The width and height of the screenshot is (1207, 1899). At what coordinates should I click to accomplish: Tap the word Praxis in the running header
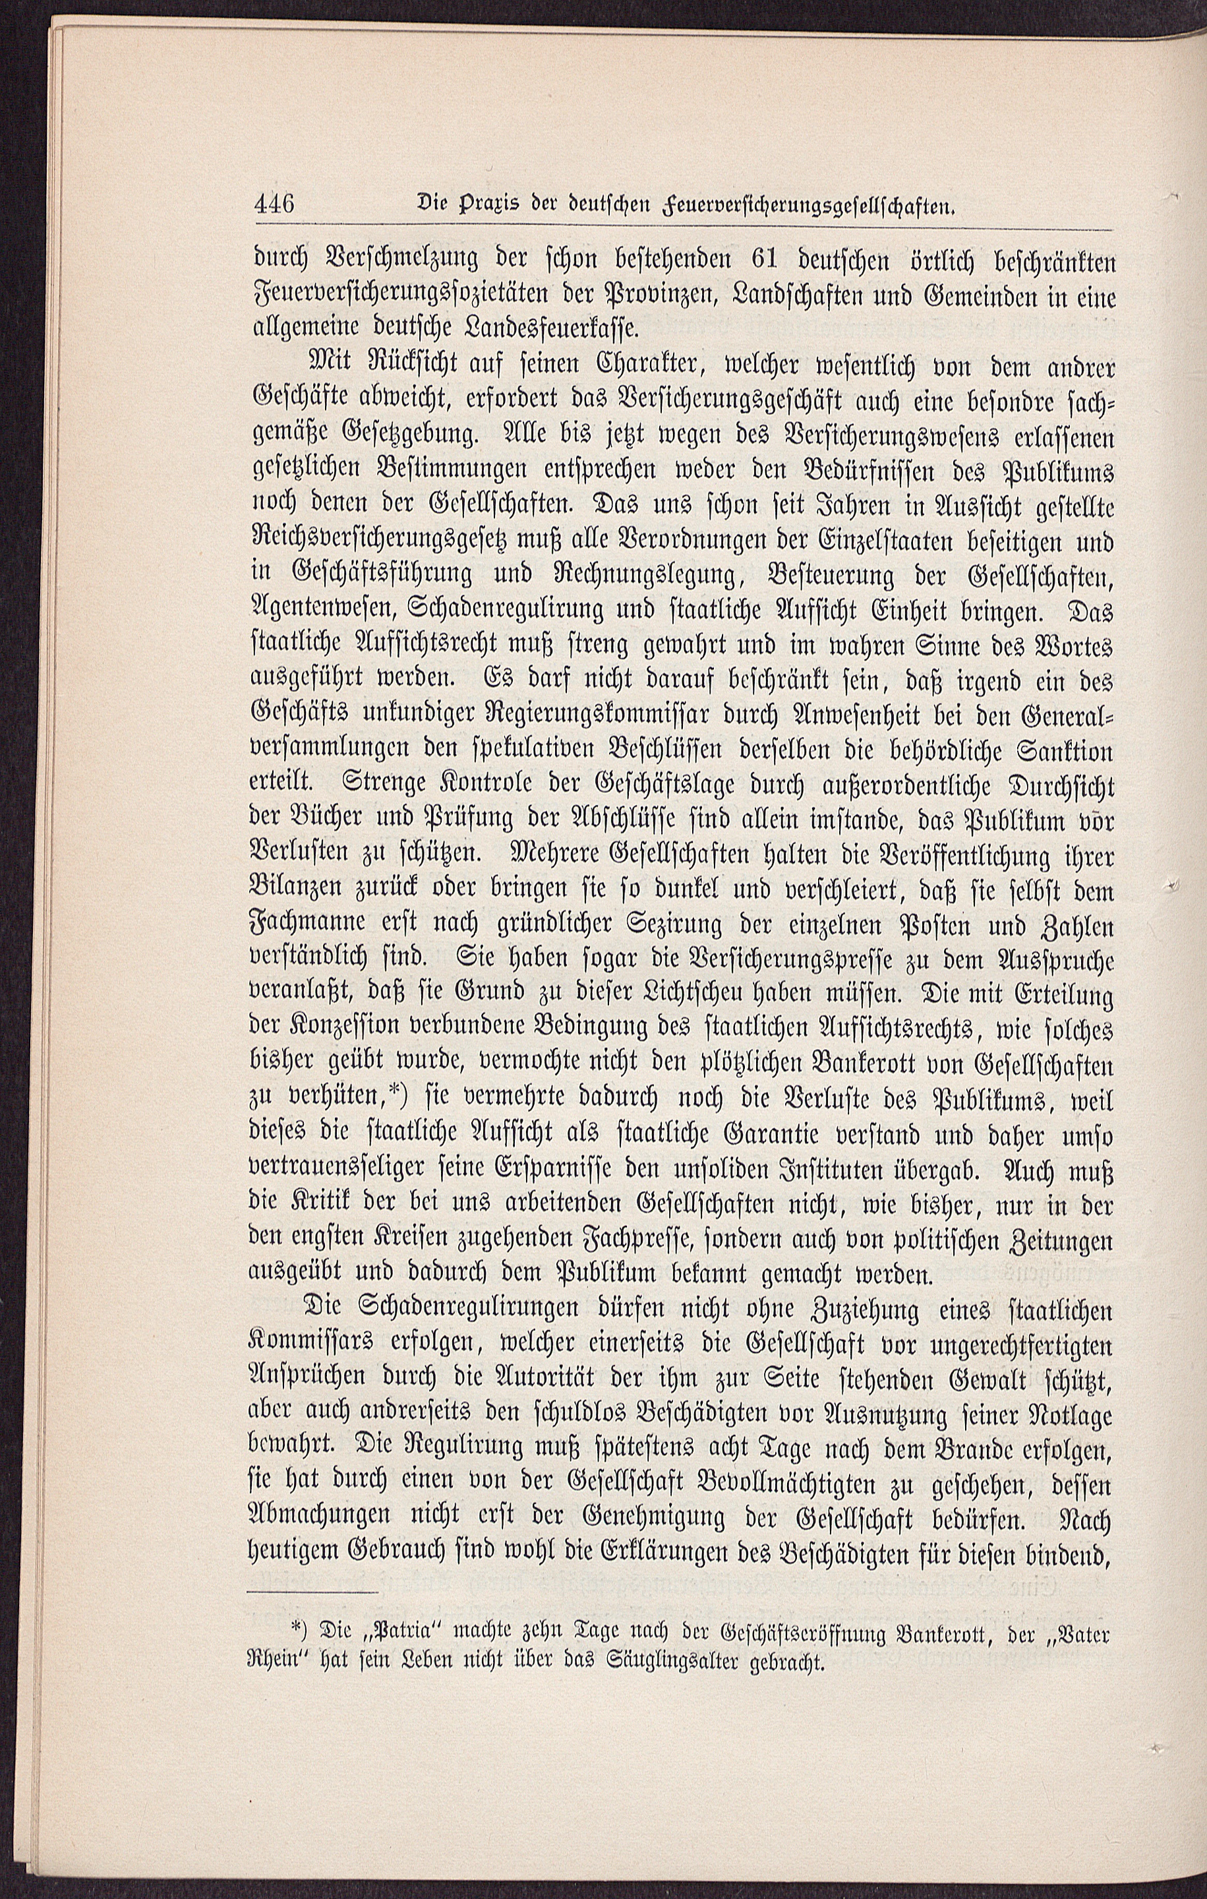coord(467,208)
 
